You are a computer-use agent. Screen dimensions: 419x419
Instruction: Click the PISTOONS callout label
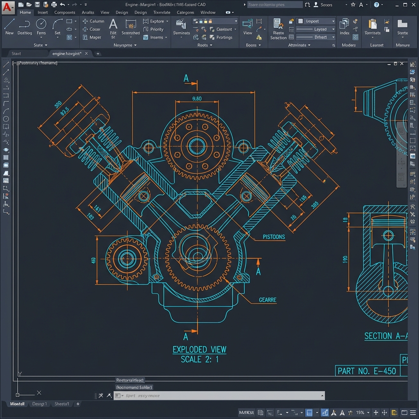(x=274, y=237)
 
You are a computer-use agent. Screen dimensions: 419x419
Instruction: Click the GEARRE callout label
(x=268, y=300)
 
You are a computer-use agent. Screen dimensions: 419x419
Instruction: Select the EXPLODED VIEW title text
(x=199, y=349)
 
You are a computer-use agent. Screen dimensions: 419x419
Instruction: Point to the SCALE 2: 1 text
(x=199, y=359)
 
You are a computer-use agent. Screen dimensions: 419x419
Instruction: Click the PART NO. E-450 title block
(x=367, y=371)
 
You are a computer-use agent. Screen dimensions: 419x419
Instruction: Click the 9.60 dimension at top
(x=196, y=99)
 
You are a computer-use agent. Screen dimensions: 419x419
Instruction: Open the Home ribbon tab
(x=25, y=12)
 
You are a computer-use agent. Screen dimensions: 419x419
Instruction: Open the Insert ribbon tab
(x=43, y=12)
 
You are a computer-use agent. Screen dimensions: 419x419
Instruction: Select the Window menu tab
(x=208, y=12)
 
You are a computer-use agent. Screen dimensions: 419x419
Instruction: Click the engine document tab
(x=67, y=54)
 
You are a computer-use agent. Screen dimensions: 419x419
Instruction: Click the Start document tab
(x=16, y=54)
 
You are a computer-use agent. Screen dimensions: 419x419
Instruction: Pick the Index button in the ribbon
(x=345, y=26)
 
